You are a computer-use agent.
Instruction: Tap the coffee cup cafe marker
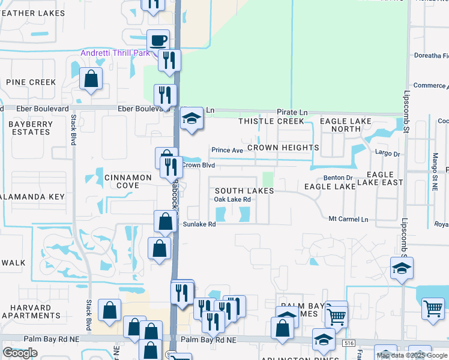click(x=158, y=41)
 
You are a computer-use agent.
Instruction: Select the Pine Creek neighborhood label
click(x=31, y=82)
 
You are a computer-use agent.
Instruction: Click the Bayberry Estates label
click(x=31, y=127)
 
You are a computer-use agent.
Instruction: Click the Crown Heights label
click(x=283, y=148)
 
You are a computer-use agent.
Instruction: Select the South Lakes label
click(x=244, y=191)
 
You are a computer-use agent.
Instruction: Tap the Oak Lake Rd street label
click(x=232, y=199)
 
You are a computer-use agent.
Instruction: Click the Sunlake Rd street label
click(x=199, y=224)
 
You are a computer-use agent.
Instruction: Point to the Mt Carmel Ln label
click(x=348, y=220)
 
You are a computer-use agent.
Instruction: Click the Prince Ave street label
click(x=226, y=150)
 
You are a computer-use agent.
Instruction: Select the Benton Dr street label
click(x=338, y=178)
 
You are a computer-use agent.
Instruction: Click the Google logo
click(x=20, y=353)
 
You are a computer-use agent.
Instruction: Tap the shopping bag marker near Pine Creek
click(x=91, y=79)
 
